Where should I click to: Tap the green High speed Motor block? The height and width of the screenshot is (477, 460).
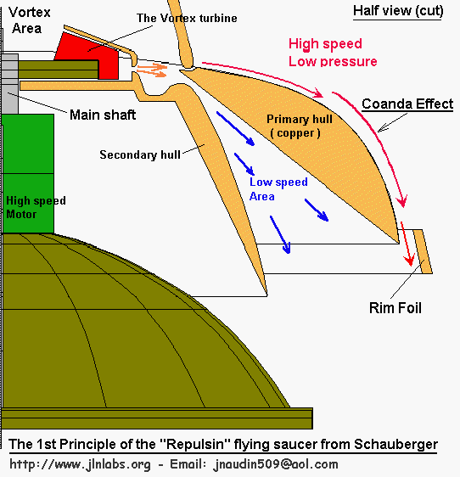[x=28, y=174]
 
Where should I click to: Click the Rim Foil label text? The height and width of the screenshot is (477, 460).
[x=395, y=308]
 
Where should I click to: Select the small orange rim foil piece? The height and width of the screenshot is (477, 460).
[x=423, y=251]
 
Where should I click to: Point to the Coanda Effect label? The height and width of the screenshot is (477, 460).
[x=407, y=104]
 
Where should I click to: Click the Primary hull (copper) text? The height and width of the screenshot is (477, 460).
[x=300, y=126]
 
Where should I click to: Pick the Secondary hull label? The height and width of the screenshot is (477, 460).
[x=140, y=154]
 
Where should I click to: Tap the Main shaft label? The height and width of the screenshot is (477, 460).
[x=103, y=115]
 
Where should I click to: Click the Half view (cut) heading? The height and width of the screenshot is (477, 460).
[x=398, y=11]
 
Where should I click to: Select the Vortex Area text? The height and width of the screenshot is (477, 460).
[x=29, y=20]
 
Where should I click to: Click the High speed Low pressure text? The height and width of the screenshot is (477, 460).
[x=333, y=53]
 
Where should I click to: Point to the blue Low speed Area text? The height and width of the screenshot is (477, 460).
[x=278, y=189]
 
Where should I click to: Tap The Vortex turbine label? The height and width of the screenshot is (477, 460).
[x=187, y=19]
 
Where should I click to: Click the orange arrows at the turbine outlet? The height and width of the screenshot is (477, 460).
[x=152, y=70]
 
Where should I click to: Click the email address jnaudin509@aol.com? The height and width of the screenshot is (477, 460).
[x=276, y=464]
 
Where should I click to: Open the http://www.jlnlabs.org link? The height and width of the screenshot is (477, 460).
[x=80, y=464]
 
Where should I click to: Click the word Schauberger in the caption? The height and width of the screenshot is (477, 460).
[x=395, y=445]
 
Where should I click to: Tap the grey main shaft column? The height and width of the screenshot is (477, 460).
[x=9, y=84]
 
